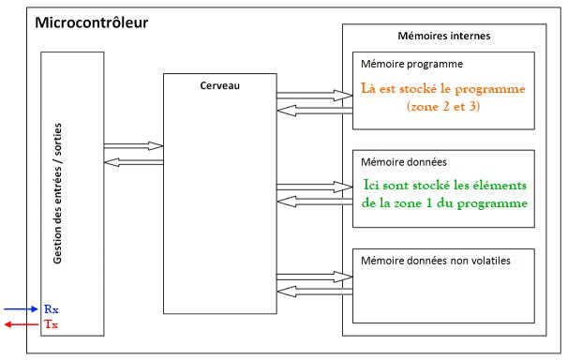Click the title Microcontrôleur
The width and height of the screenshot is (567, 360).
pos(91,22)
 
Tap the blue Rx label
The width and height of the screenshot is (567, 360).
pos(51,307)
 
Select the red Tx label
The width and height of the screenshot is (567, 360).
pos(51,324)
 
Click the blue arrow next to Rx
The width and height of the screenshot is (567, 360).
pos(21,308)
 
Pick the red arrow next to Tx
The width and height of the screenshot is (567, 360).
pos(21,324)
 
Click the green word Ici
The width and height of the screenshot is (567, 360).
pos(375,186)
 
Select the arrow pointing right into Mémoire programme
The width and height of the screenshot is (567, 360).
pos(312,94)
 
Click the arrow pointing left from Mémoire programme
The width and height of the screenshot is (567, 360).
pos(312,109)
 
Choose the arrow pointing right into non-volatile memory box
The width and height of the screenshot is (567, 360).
pos(312,277)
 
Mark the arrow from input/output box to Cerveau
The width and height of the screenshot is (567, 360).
pos(132,146)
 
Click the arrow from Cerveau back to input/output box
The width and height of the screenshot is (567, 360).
pos(132,161)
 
